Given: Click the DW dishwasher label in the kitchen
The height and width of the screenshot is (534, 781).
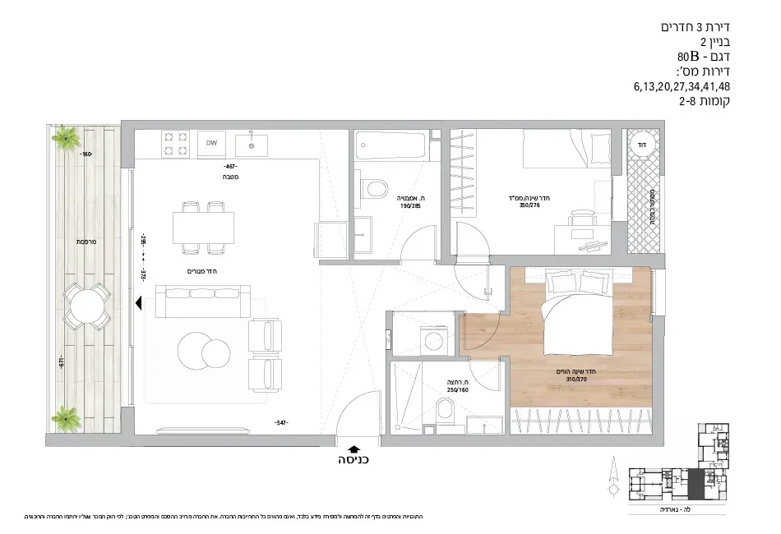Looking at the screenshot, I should tap(211, 143).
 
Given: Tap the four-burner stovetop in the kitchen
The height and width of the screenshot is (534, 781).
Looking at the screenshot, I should tap(176, 142).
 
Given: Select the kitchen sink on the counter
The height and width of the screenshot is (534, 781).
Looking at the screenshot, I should tap(251, 145).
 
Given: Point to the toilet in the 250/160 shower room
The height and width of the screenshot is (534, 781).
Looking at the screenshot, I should tap(447, 411).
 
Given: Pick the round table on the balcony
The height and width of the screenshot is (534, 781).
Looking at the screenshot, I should tap(86, 306).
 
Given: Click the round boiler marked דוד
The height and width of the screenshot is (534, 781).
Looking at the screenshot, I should tap(637, 145).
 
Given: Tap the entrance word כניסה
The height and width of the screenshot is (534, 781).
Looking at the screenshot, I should tap(354, 460).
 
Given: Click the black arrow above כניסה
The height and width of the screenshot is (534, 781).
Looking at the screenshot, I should tap(354, 447).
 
